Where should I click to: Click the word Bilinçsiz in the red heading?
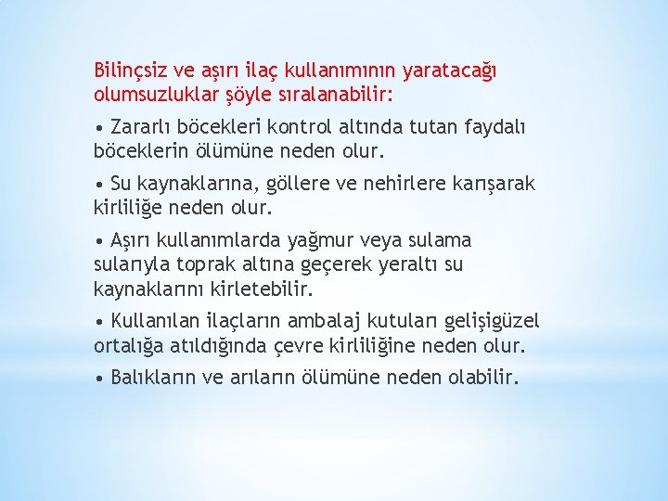[x=131, y=71]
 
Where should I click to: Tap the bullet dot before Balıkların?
[x=98, y=379]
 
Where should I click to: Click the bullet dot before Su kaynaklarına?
[x=98, y=184]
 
